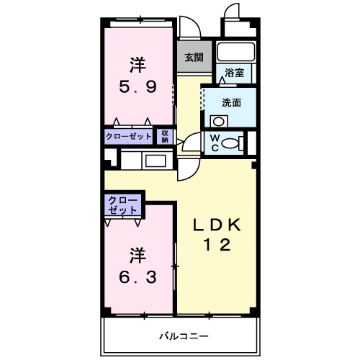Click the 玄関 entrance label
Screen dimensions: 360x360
pyautogui.click(x=194, y=58)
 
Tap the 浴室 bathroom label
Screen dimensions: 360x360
pyautogui.click(x=235, y=73)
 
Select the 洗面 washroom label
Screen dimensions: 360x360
pyautogui.click(x=231, y=103)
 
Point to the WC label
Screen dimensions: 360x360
pyautogui.click(x=215, y=143)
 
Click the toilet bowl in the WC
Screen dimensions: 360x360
pyautogui.click(x=230, y=143)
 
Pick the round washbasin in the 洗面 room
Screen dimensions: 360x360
pyautogui.click(x=219, y=122)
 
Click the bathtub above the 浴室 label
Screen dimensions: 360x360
pyautogui.click(x=236, y=51)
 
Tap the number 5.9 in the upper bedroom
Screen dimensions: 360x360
pyautogui.click(x=138, y=87)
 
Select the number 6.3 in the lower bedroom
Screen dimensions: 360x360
pyautogui.click(x=138, y=277)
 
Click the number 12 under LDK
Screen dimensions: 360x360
pyautogui.click(x=217, y=245)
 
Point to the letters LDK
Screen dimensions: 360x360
pyautogui.click(x=217, y=225)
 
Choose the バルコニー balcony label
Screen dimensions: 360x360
pyautogui.click(x=184, y=336)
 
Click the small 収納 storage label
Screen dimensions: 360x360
pyautogui.click(x=165, y=137)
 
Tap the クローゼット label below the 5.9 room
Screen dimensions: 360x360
pyautogui.click(x=129, y=137)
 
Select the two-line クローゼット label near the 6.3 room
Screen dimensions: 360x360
pyautogui.click(x=123, y=205)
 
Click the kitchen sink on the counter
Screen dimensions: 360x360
pyautogui.click(x=156, y=161)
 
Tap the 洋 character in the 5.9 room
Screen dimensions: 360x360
pyautogui.click(x=138, y=65)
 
